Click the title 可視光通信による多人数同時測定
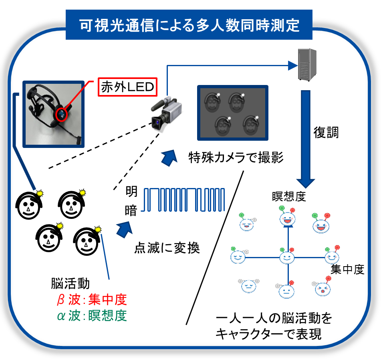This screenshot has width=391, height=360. pos(189,25)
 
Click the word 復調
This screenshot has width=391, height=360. pos(326,133)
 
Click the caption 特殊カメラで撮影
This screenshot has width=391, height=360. pos(236,158)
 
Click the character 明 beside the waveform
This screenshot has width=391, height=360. pos(131,191)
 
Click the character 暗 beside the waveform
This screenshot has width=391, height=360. pos(131,210)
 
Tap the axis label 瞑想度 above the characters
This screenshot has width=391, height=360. pos(288,197)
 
